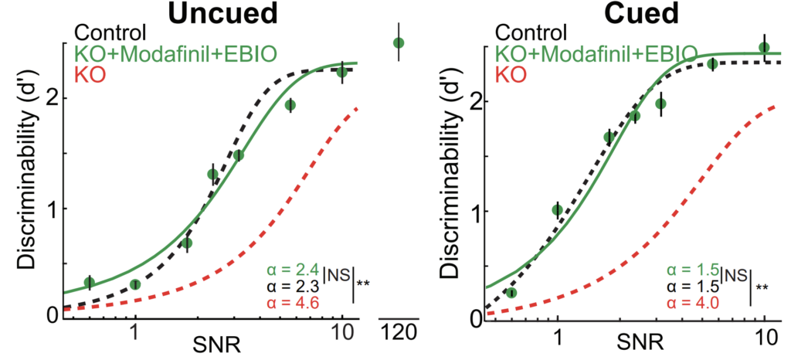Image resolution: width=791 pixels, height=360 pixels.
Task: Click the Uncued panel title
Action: click(x=222, y=14)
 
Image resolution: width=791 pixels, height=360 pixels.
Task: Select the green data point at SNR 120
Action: click(x=399, y=42)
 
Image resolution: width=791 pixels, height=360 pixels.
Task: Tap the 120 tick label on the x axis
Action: click(x=399, y=332)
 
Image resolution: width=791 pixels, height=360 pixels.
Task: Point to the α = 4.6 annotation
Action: click(x=291, y=304)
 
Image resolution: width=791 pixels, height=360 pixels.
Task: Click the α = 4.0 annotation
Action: click(x=693, y=304)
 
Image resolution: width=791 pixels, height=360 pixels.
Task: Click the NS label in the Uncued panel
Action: click(x=336, y=275)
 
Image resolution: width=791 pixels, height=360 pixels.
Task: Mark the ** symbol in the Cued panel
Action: click(x=762, y=287)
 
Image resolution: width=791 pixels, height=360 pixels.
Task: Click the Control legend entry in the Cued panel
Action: click(x=531, y=32)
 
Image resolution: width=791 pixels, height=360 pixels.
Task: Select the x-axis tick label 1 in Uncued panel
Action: click(x=134, y=333)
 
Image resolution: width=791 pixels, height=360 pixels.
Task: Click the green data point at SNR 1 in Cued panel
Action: click(x=558, y=210)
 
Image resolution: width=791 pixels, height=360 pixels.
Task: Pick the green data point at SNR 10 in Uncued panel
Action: click(x=342, y=72)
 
